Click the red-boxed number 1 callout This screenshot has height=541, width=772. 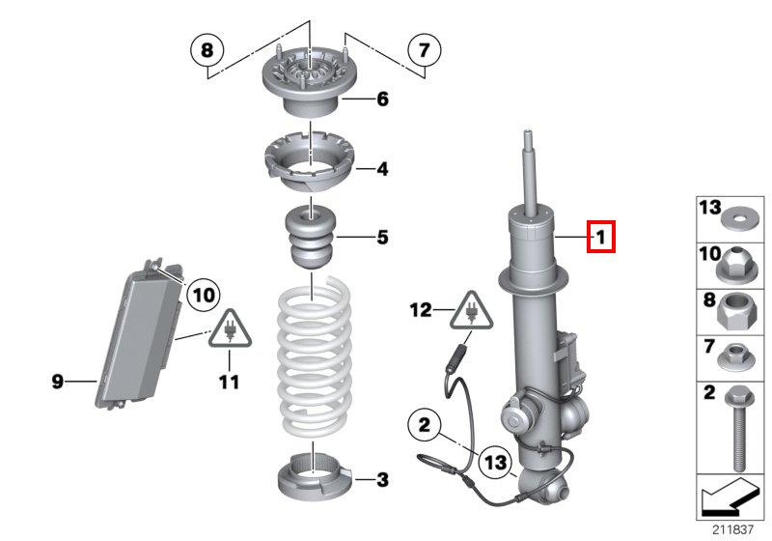point(600,237)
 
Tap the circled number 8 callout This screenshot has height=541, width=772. point(207,50)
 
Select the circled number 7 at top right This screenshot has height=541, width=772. point(425,50)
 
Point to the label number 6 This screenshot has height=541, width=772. point(382,100)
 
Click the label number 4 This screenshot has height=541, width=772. point(382,169)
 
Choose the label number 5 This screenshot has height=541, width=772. point(382,237)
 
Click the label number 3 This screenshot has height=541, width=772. point(382,479)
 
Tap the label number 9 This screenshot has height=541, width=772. point(58,381)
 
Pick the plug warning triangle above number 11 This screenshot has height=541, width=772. point(230,329)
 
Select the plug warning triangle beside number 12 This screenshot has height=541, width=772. point(471,310)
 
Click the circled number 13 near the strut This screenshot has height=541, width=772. point(495,462)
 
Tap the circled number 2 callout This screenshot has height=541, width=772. point(425,424)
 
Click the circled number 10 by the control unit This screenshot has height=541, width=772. point(204,296)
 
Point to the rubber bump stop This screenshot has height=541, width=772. point(311,237)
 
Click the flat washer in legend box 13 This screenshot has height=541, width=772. point(740,218)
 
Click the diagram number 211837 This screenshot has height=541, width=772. point(732,529)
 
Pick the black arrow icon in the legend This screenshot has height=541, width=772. point(730,497)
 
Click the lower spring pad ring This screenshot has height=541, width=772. point(316,476)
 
